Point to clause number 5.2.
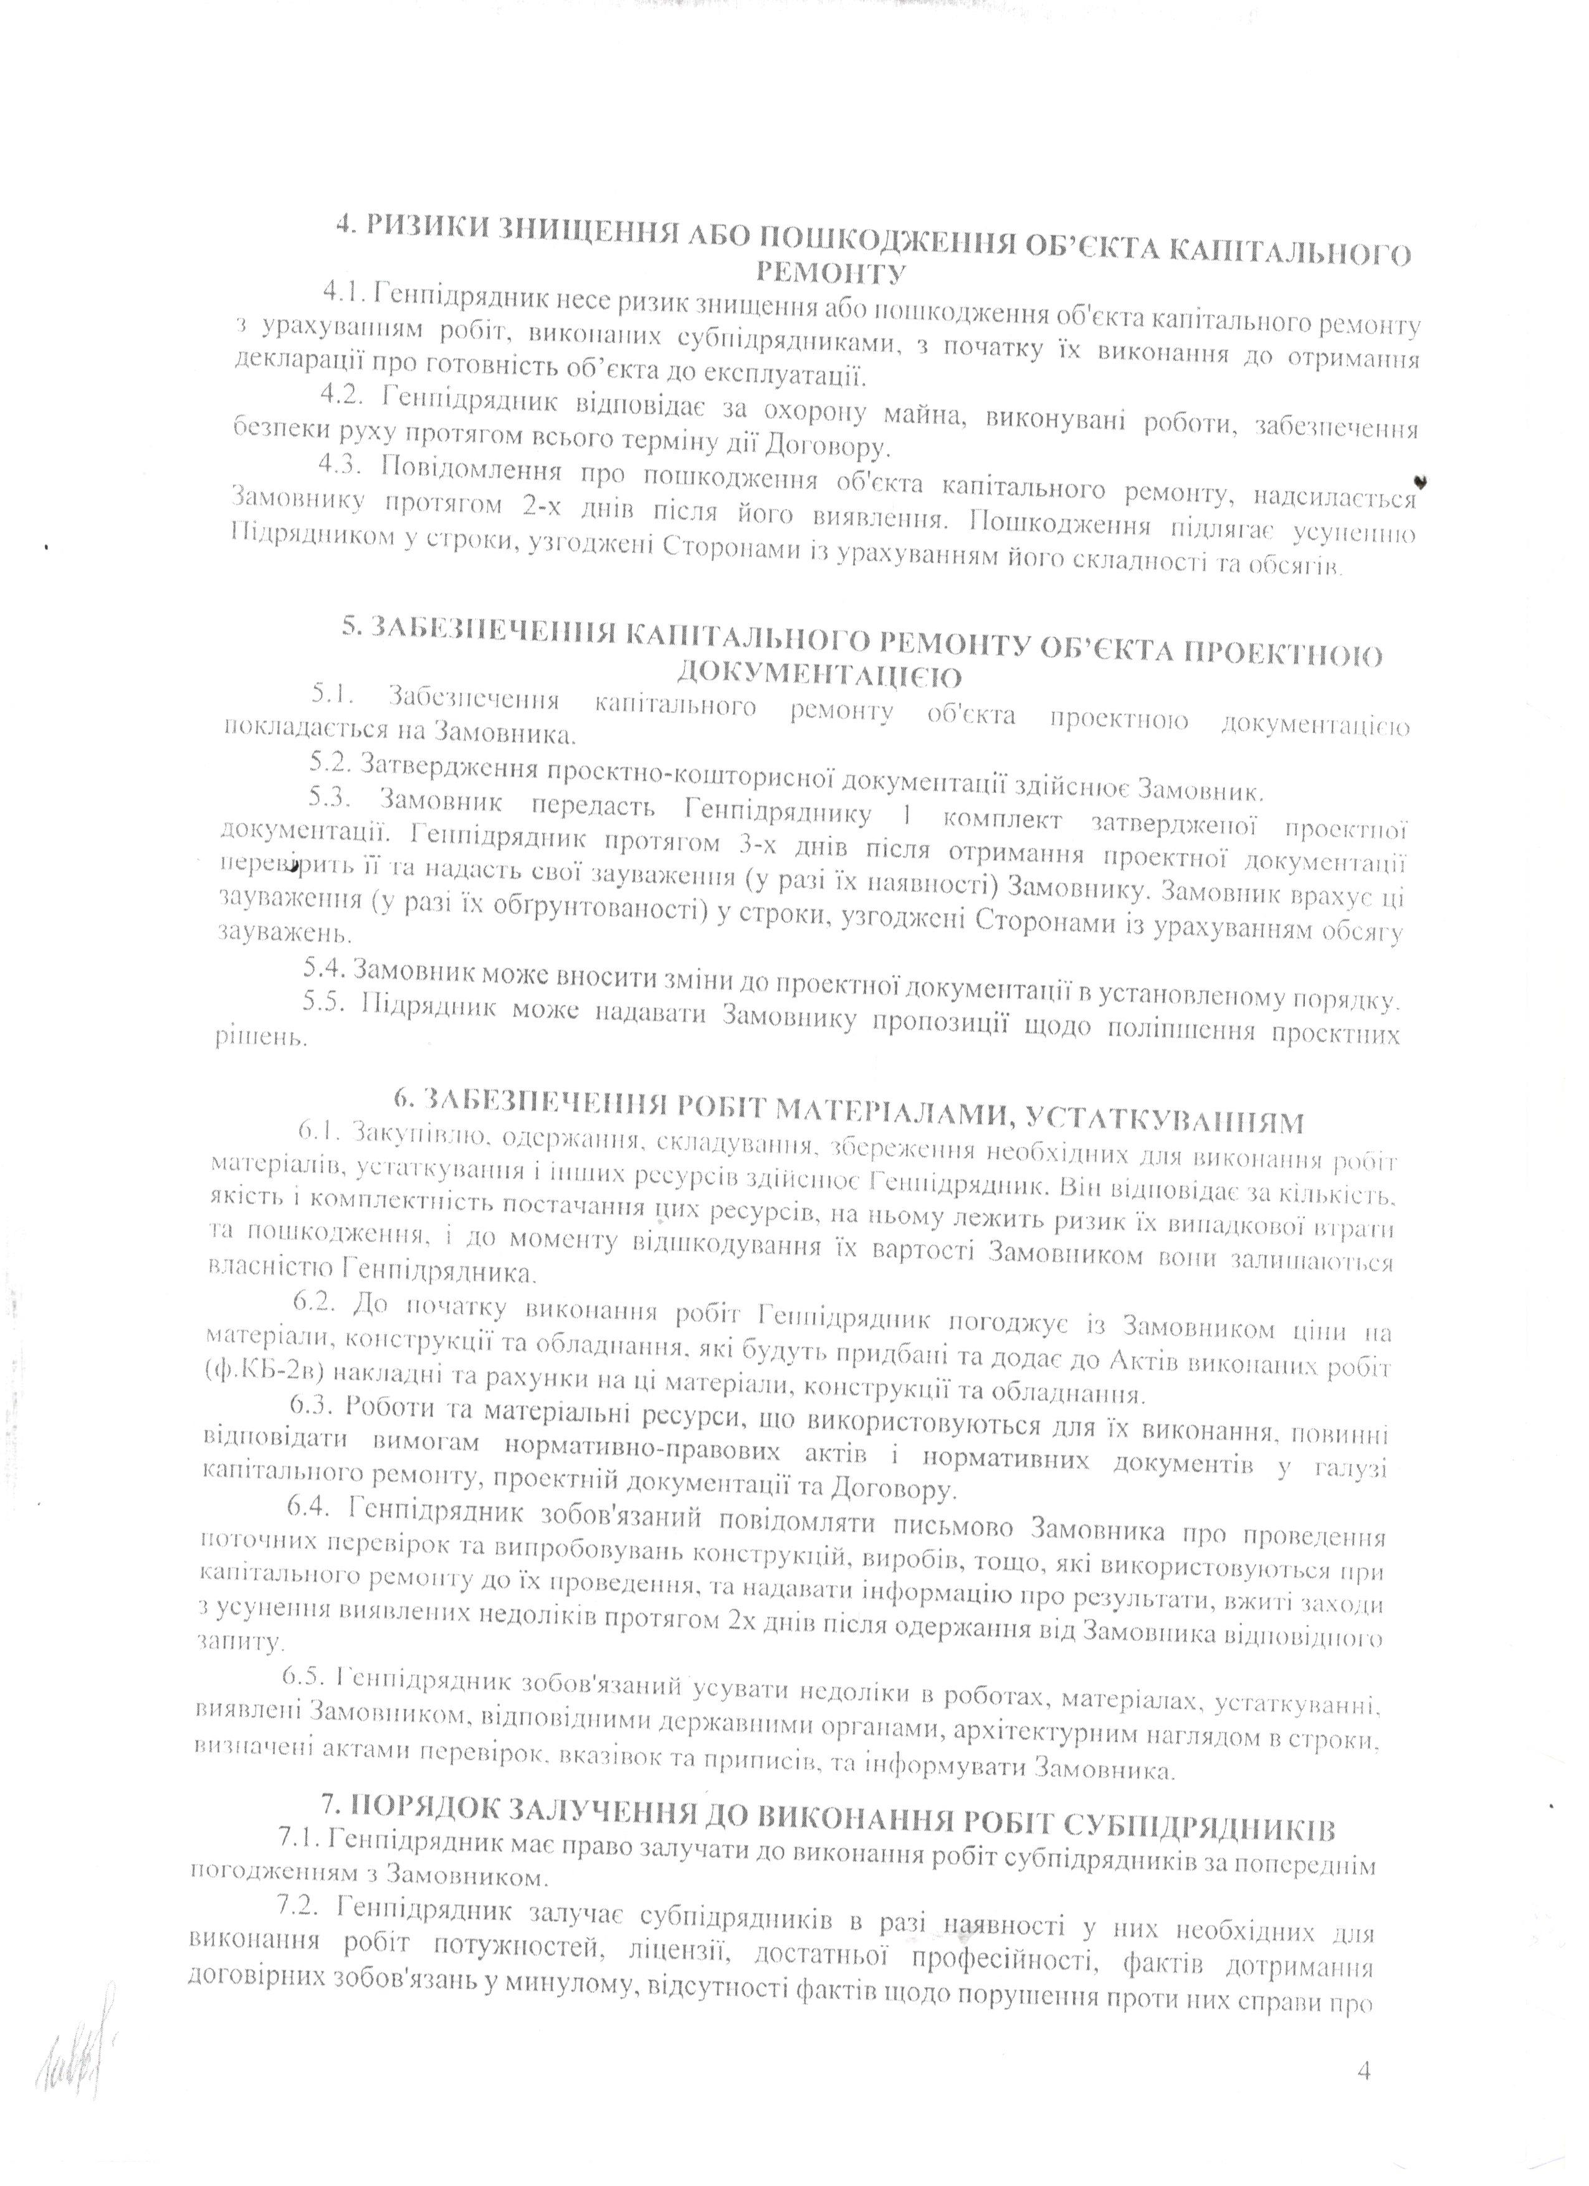330,766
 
